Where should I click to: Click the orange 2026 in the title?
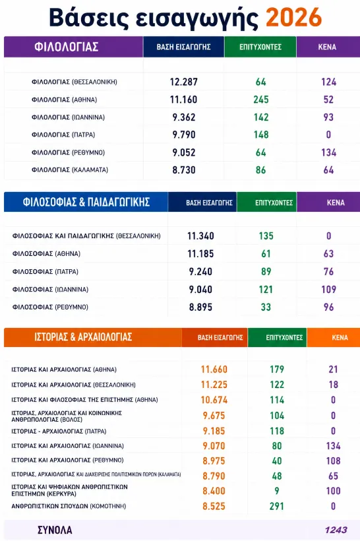pyautogui.click(x=294, y=17)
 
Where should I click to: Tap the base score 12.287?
pyautogui.click(x=184, y=82)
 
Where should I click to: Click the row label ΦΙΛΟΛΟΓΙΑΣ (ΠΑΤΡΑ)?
pyautogui.click(x=63, y=135)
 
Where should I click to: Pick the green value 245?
pyautogui.click(x=261, y=100)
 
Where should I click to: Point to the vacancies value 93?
pyautogui.click(x=328, y=117)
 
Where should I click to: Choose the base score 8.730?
pyautogui.click(x=184, y=170)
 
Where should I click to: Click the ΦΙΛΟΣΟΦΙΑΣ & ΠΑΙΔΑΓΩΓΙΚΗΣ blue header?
pyautogui.click(x=86, y=202)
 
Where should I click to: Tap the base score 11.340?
pyautogui.click(x=200, y=236)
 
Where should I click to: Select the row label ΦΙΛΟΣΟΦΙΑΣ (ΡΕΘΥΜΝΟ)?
pyautogui.click(x=50, y=307)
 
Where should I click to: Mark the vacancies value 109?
pyautogui.click(x=328, y=289)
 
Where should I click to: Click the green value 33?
pyautogui.click(x=266, y=307)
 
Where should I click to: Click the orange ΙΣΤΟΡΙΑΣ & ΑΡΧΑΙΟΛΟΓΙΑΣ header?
pyautogui.click(x=83, y=337)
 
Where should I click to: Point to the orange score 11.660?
pyautogui.click(x=214, y=369)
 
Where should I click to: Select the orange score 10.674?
pyautogui.click(x=214, y=400)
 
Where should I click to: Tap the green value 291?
pyautogui.click(x=276, y=506)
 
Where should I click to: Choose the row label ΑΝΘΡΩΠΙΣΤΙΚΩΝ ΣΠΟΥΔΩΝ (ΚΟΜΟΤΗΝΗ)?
pyautogui.click(x=69, y=506)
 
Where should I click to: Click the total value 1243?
pyautogui.click(x=336, y=530)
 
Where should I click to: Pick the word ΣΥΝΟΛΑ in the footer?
pyautogui.click(x=55, y=530)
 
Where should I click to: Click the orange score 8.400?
pyautogui.click(x=214, y=491)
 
